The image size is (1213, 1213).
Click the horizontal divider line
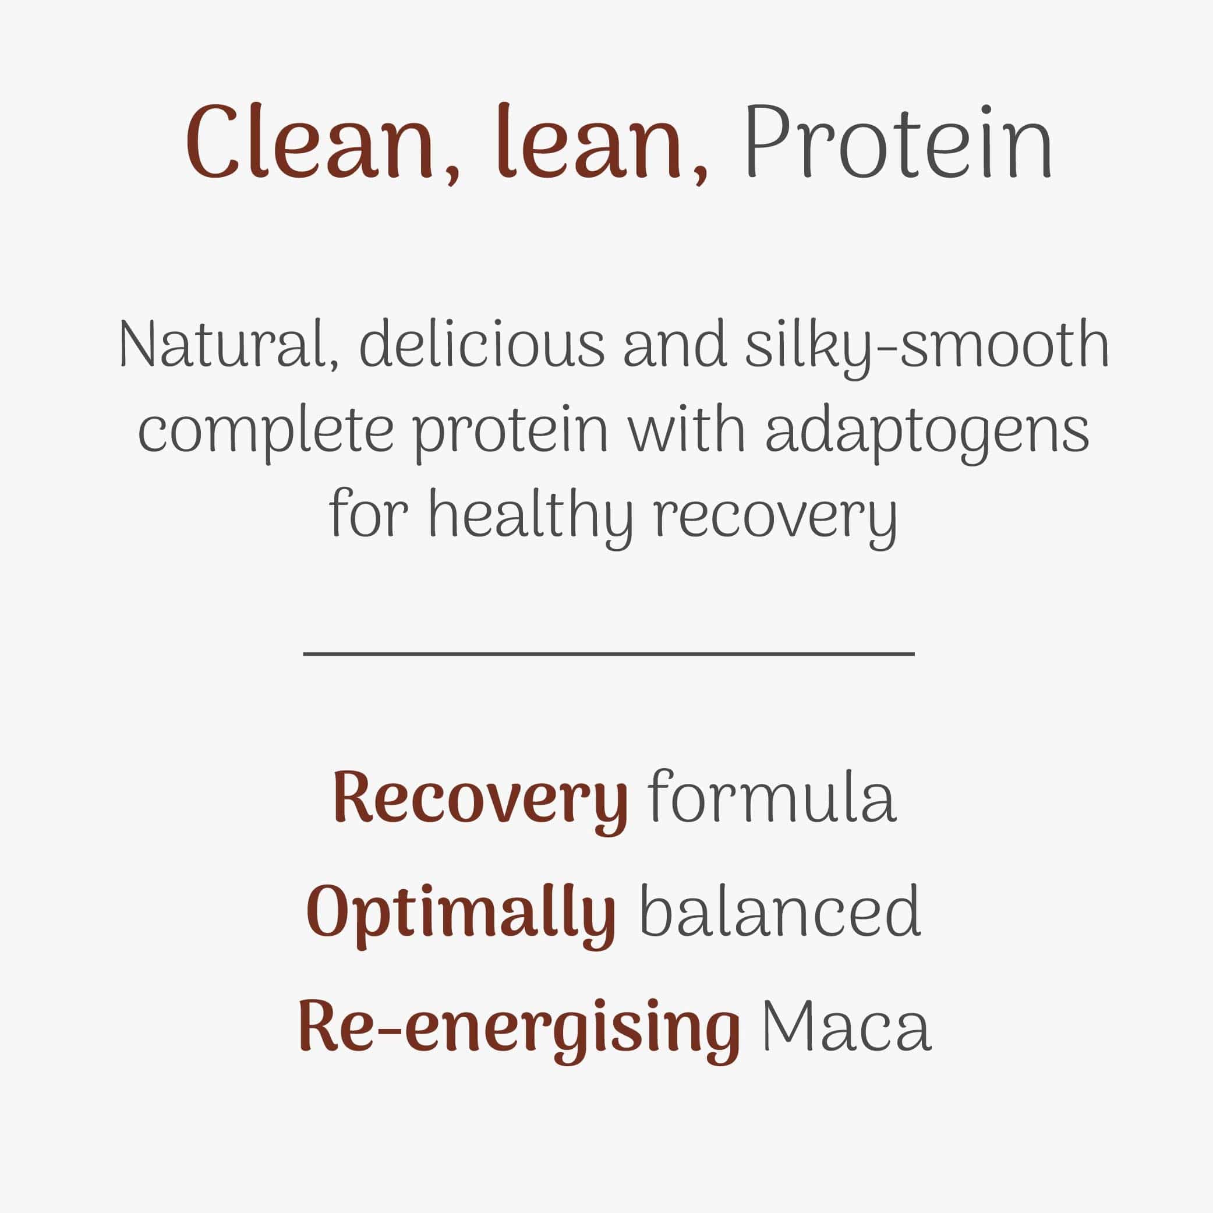tap(609, 654)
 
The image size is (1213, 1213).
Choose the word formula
tap(772, 795)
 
